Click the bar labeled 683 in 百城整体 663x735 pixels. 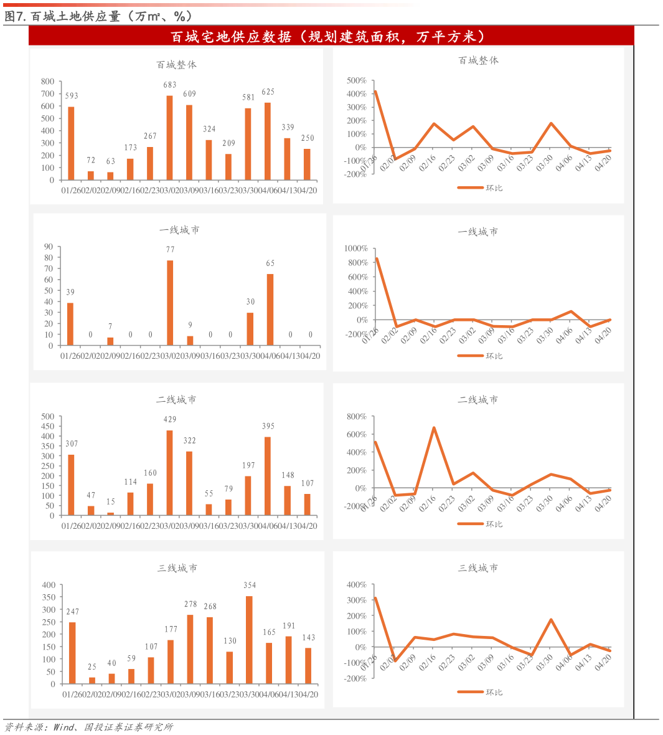point(169,138)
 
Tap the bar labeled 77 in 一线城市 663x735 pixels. point(170,303)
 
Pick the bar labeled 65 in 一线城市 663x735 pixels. point(270,310)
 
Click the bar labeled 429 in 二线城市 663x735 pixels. point(169,473)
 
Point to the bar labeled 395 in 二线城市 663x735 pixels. point(268,476)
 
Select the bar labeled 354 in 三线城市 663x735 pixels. point(249,640)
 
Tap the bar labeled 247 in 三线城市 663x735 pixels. point(72,653)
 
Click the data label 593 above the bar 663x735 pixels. point(72,96)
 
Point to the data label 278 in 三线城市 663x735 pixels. point(190,604)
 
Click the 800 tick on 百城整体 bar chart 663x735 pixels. point(48,82)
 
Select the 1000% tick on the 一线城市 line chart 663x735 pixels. point(356,249)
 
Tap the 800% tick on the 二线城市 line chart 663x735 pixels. point(357,417)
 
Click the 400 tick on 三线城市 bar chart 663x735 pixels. point(49,585)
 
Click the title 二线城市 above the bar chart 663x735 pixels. point(176,400)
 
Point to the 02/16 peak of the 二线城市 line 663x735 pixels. point(433,428)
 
